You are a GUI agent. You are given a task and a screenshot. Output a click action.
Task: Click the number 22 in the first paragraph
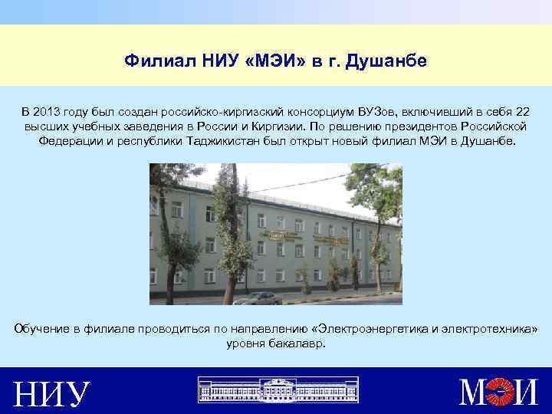[521, 112]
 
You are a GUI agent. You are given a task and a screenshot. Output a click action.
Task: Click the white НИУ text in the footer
[52, 393]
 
